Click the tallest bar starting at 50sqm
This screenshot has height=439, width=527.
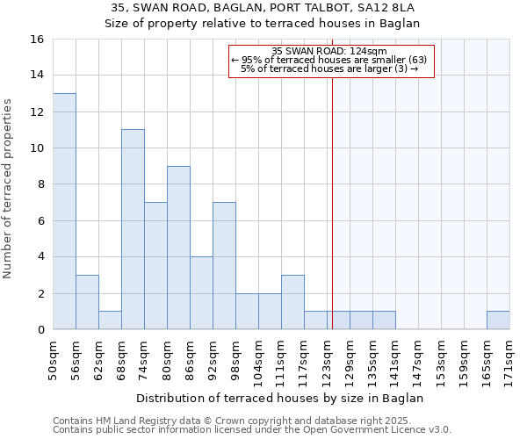[x=64, y=211]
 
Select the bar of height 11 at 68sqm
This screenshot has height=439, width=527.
[x=133, y=229]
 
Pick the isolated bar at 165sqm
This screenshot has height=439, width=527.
[x=498, y=320]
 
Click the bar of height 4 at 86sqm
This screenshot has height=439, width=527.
[x=201, y=293]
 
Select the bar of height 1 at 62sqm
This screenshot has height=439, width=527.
[x=110, y=320]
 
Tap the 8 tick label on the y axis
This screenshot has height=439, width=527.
[x=40, y=184]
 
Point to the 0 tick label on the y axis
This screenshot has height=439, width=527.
[x=40, y=330]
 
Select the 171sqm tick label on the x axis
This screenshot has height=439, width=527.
[x=509, y=357]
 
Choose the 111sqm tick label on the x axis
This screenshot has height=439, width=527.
[x=281, y=357]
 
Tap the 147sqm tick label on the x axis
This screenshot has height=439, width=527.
[x=418, y=357]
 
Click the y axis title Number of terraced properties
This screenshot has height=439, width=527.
[x=9, y=188]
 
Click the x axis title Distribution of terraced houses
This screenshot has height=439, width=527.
[x=281, y=398]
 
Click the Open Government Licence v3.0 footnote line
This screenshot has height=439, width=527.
[x=252, y=429]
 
